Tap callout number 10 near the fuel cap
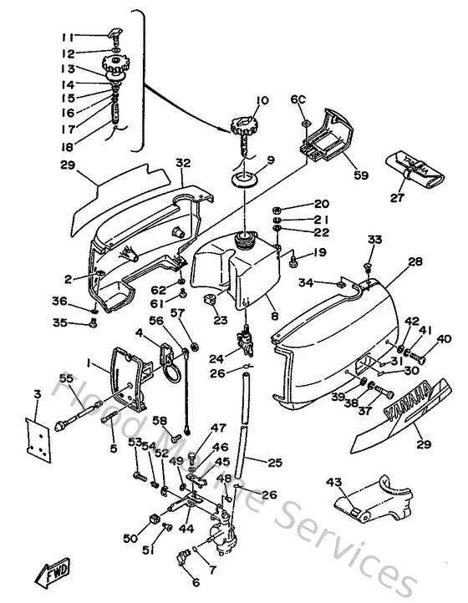263,101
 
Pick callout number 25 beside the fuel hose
275,460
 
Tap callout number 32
183,163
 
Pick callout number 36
58,301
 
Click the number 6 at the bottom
196,582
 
